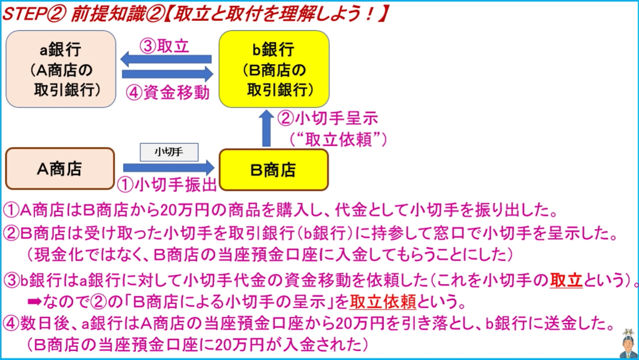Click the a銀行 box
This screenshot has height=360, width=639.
pyautogui.click(x=61, y=69)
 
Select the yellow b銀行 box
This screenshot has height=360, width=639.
pyautogui.click(x=274, y=69)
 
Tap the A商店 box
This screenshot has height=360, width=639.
pyautogui.click(x=60, y=169)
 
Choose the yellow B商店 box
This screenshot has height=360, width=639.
pyautogui.click(x=274, y=170)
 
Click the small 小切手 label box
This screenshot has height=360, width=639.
pyautogui.click(x=169, y=152)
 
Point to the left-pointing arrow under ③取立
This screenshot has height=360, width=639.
pyautogui.click(x=166, y=59)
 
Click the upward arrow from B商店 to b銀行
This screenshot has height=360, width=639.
pyautogui.click(x=266, y=128)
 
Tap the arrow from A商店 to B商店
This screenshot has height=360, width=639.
pyautogui.click(x=168, y=168)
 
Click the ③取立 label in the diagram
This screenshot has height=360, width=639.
pyautogui.click(x=164, y=46)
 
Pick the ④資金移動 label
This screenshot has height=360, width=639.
pyautogui.click(x=168, y=92)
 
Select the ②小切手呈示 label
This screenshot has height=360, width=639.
pyautogui.click(x=328, y=118)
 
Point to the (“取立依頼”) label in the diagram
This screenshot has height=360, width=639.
pyautogui.click(x=338, y=139)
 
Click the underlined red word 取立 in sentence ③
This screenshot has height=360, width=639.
pyautogui.click(x=566, y=280)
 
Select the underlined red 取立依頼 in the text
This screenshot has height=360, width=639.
pyautogui.click(x=382, y=302)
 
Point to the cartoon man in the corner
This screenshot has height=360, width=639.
pyautogui.click(x=628, y=344)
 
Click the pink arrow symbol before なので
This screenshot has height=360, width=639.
pyautogui.click(x=34, y=302)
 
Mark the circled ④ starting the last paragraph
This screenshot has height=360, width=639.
pyautogui.click(x=11, y=323)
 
